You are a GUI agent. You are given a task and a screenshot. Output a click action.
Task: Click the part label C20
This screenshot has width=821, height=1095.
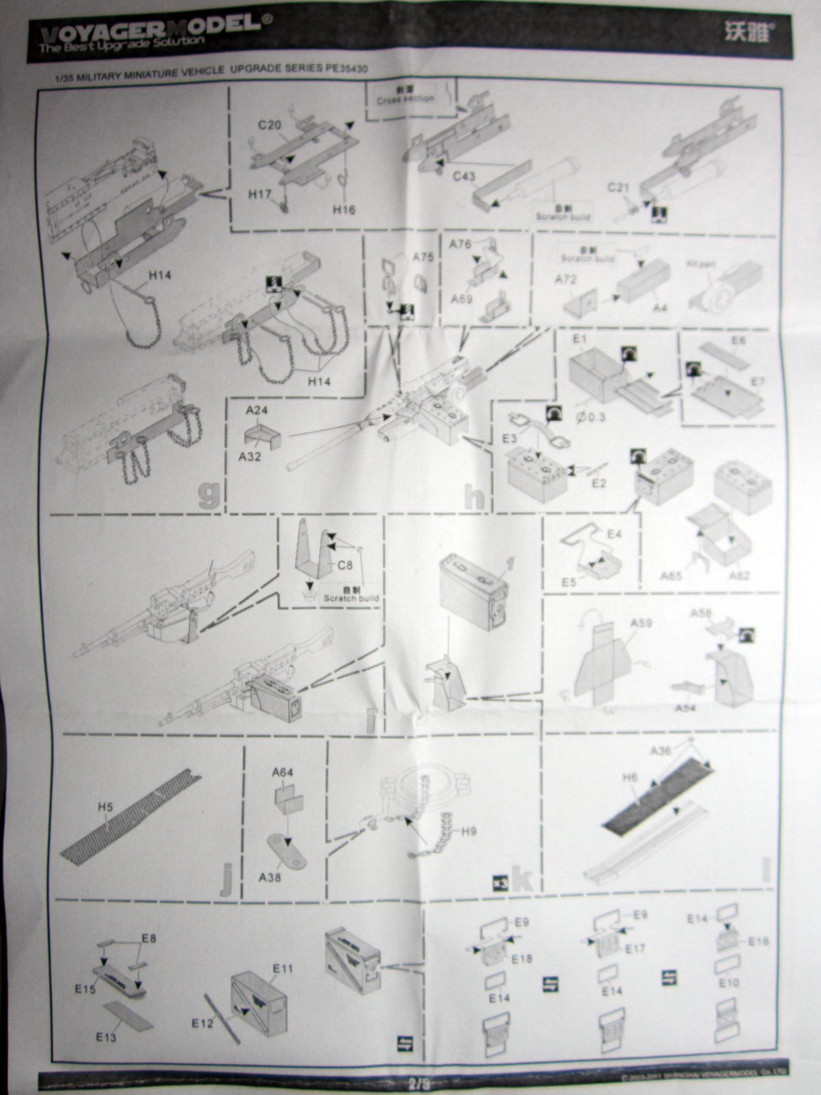[268, 125]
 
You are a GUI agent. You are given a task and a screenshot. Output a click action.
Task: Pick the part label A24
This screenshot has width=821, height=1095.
[256, 411]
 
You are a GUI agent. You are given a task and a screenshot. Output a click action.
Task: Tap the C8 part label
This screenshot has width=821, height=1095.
[345, 565]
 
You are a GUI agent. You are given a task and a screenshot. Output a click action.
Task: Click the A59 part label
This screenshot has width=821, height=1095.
[641, 623]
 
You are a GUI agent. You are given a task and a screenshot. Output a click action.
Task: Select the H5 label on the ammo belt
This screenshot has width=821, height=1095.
[105, 807]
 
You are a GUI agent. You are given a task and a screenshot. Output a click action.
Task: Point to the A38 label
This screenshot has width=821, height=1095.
[270, 877]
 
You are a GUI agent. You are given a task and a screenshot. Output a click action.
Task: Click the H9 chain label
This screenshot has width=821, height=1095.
[469, 831]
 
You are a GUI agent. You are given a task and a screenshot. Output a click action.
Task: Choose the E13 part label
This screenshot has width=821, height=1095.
[108, 1037]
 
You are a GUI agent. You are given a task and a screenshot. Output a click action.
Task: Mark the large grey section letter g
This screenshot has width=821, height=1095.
[209, 493]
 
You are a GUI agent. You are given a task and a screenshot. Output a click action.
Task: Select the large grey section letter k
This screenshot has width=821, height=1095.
[522, 879]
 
